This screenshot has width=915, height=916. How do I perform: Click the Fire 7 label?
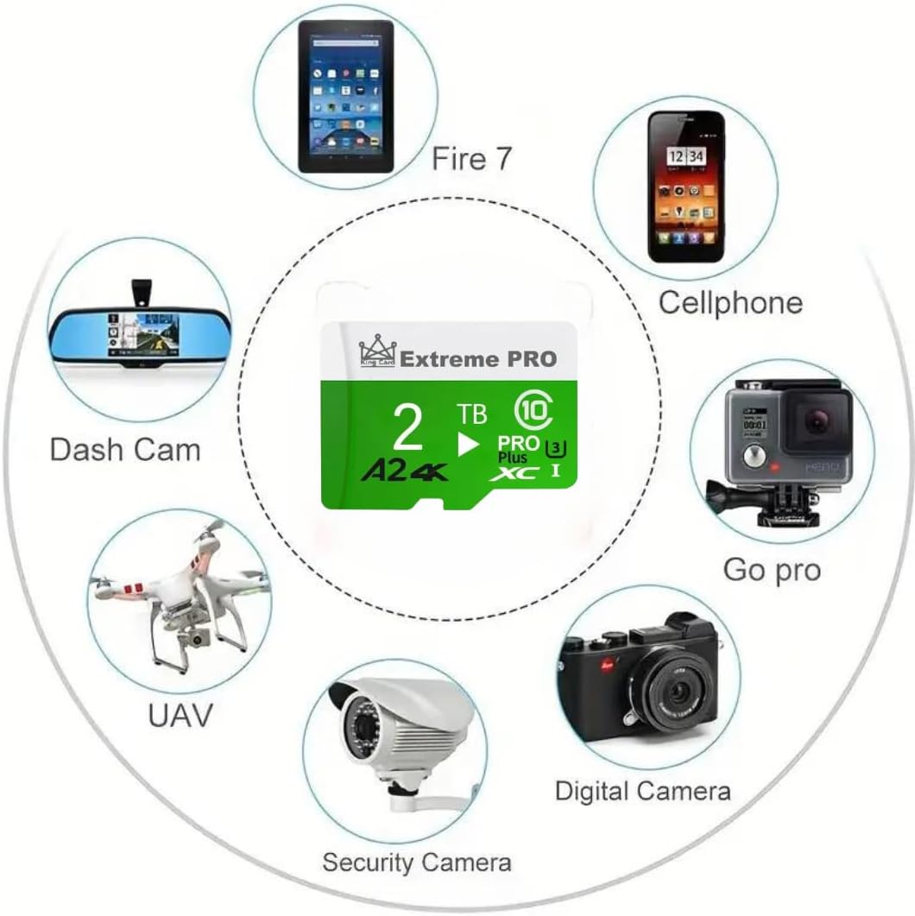471,159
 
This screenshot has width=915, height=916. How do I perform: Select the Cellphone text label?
730,302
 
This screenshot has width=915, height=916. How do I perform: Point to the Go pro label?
772,570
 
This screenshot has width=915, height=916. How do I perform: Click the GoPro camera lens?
817,420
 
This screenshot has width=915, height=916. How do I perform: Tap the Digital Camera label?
642,791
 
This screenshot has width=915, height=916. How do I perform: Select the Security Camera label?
416,861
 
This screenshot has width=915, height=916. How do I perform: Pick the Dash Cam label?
125,449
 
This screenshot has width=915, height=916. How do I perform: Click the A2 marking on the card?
377,471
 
